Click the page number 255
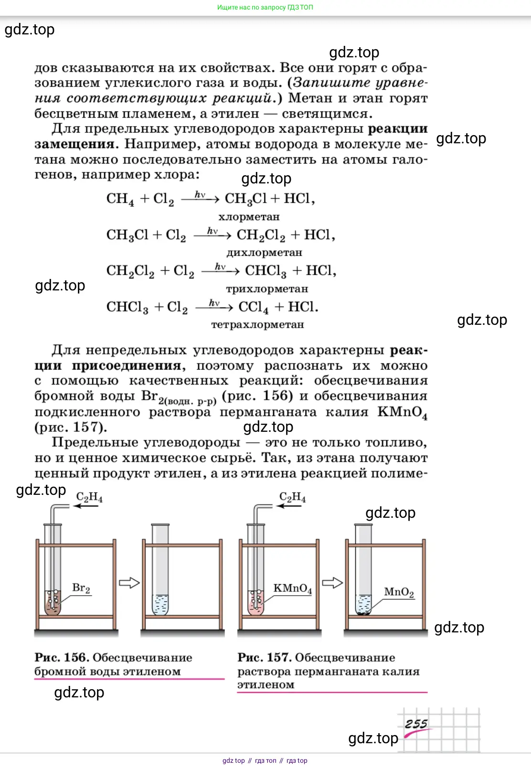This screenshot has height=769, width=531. click(416, 724)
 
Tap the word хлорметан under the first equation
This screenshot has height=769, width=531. click(249, 217)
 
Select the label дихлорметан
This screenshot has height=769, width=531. click(264, 253)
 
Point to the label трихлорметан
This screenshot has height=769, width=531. click(267, 289)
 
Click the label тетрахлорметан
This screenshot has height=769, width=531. click(257, 325)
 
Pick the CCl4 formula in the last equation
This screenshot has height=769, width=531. click(253, 307)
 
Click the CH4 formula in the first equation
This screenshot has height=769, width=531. click(120, 199)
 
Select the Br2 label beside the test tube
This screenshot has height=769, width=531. click(81, 588)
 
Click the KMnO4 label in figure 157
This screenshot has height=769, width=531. click(292, 588)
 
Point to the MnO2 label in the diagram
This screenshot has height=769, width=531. click(399, 592)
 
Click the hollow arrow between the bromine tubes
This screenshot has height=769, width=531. click(129, 583)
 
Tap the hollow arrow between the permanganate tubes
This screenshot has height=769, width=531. click(332, 583)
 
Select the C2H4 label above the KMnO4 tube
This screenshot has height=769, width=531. click(292, 497)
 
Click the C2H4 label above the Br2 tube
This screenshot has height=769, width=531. click(89, 497)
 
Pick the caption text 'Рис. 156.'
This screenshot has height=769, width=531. click(62, 658)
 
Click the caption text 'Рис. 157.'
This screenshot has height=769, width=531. click(265, 658)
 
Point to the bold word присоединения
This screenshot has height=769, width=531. click(127, 366)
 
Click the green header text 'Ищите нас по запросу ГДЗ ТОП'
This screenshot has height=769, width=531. click(265, 7)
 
